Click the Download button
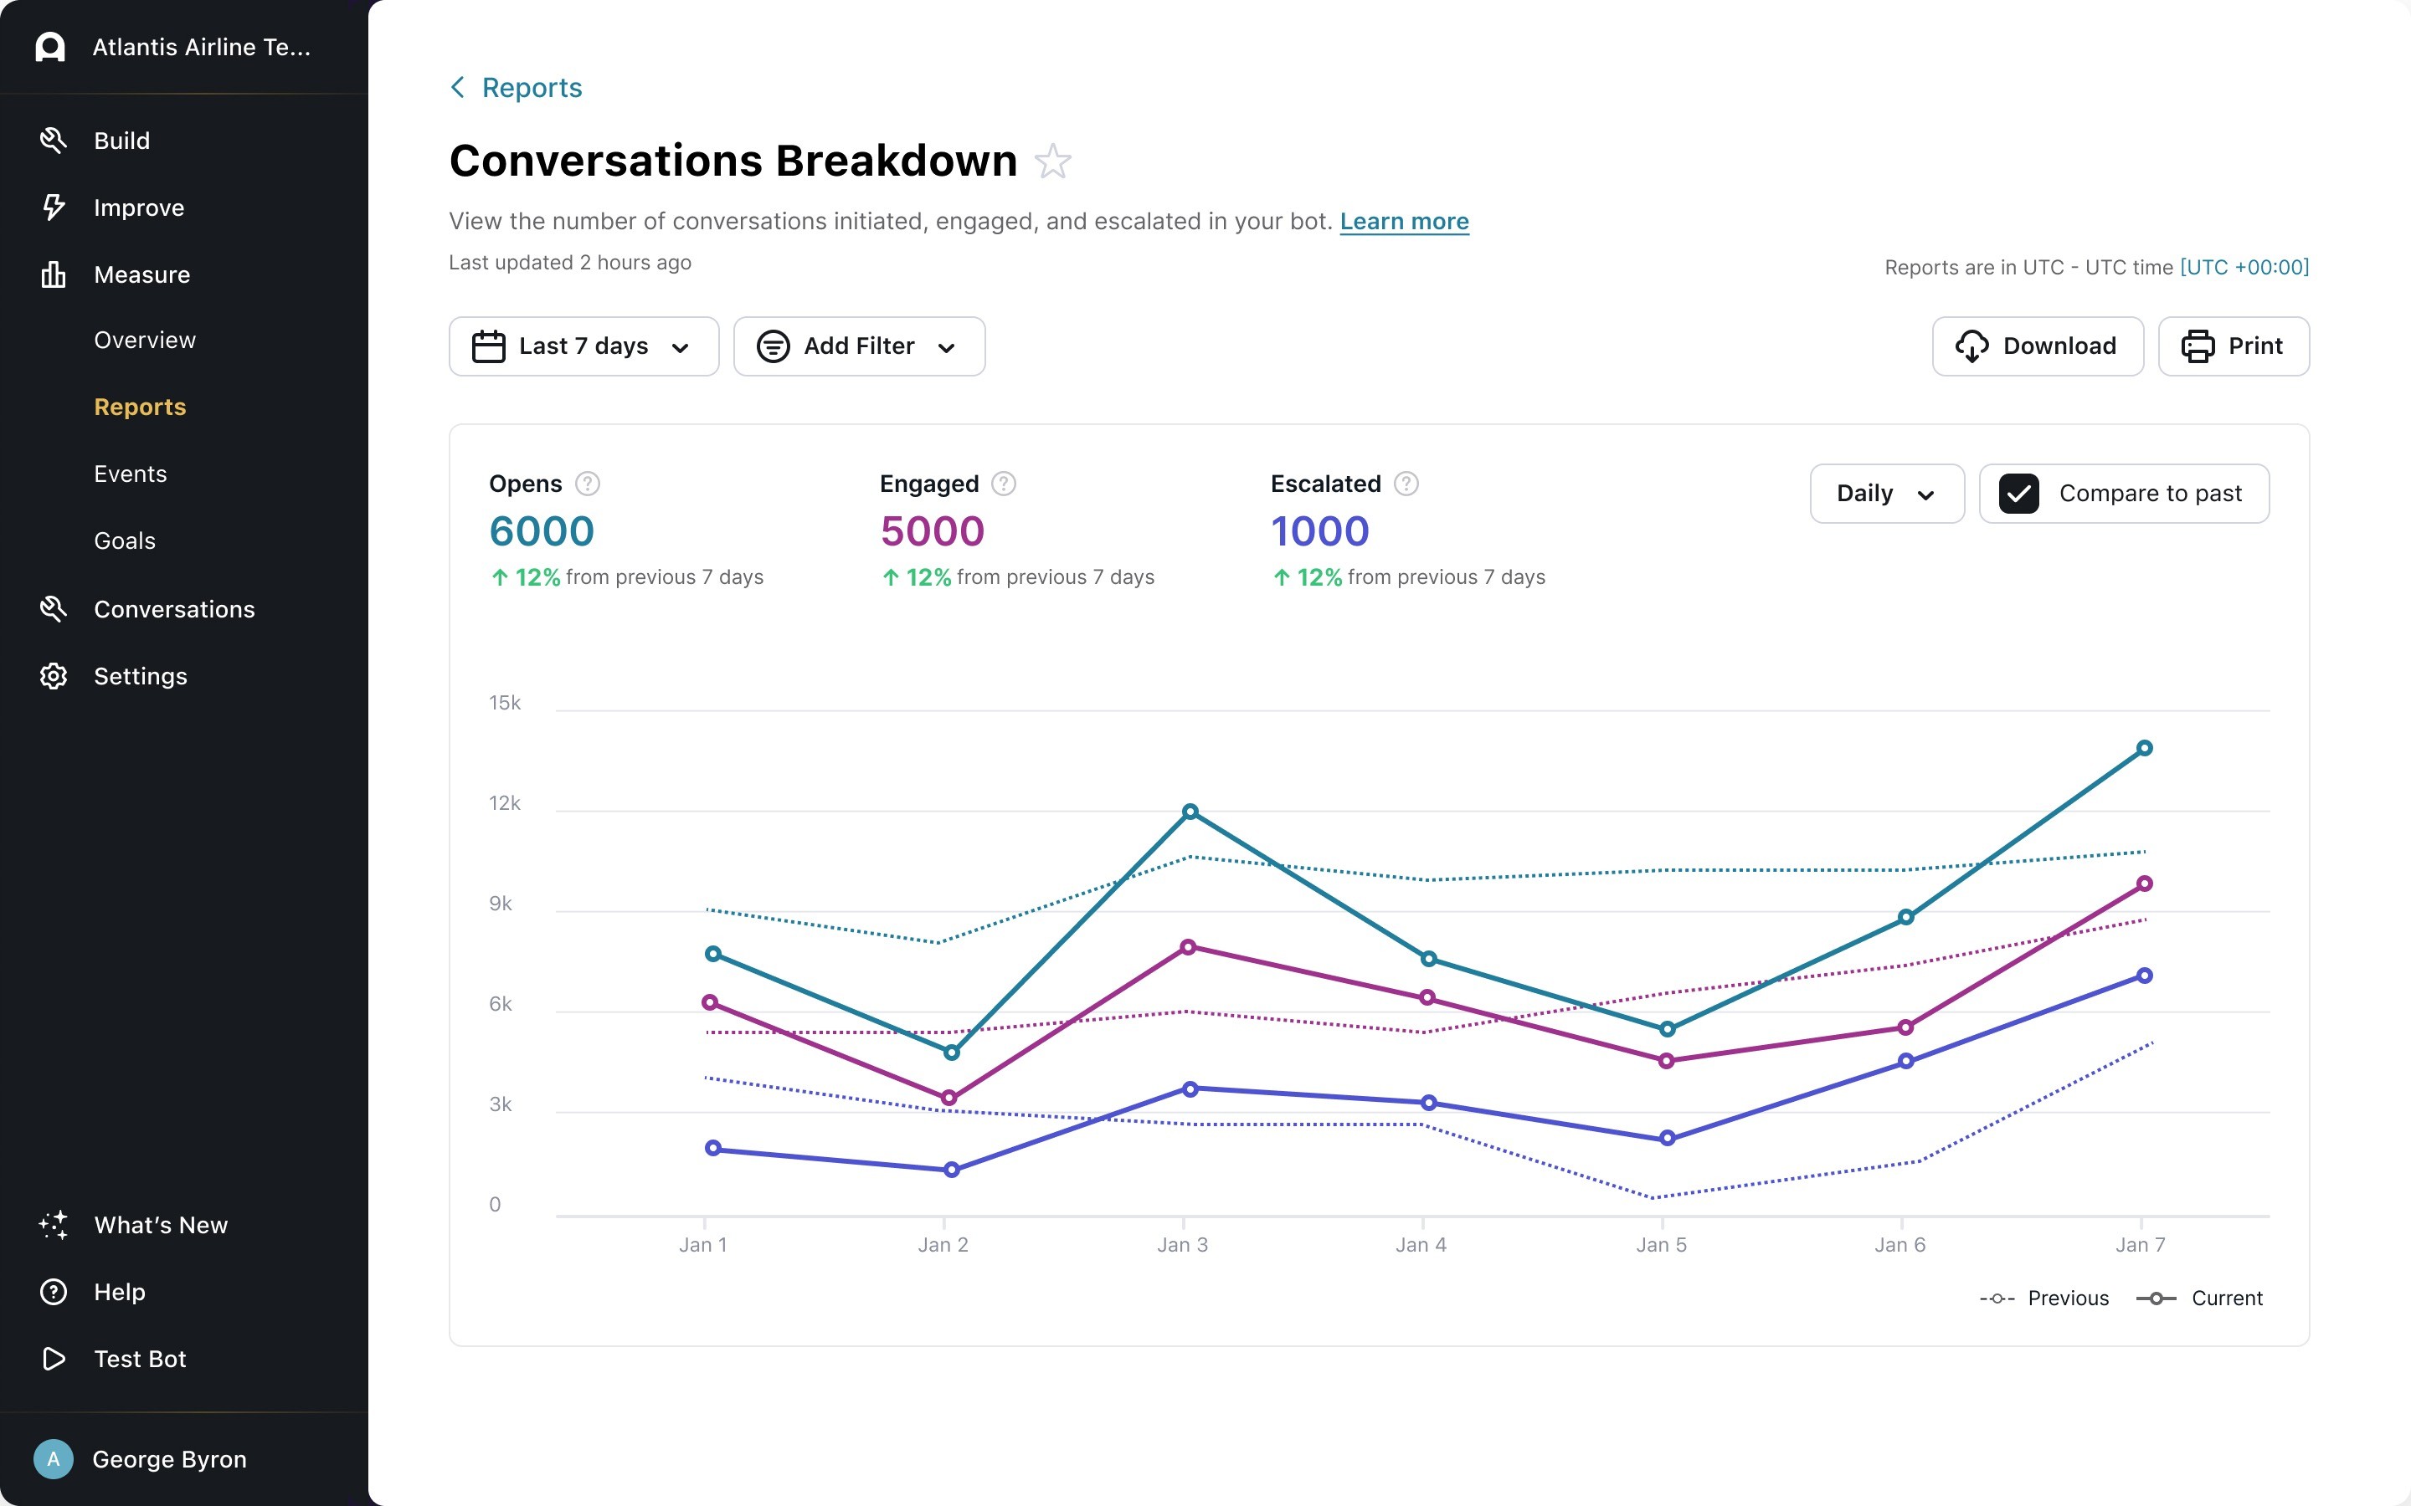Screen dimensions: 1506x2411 point(2037,346)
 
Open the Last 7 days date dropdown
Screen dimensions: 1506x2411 point(583,346)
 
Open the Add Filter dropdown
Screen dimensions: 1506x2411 point(859,346)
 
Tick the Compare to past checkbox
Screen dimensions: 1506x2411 point(2018,494)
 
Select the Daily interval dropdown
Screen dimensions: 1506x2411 point(1886,494)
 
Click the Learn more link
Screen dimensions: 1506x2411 point(1404,221)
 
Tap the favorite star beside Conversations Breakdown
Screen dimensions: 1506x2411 point(1052,161)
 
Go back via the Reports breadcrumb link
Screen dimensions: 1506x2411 point(531,88)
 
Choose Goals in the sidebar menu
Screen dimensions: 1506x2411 point(125,540)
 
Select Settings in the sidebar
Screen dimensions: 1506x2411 point(140,676)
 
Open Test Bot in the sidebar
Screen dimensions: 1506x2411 point(140,1359)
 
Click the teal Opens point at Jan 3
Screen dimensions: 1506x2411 point(1190,812)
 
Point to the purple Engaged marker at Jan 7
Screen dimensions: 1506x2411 point(2144,884)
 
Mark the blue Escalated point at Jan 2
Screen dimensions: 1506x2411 point(952,1170)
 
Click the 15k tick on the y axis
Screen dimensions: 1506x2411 point(504,703)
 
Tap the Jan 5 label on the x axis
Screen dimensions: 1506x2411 point(1661,1245)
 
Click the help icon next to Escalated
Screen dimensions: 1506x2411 point(1406,484)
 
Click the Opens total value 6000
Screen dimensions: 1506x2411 point(541,532)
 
